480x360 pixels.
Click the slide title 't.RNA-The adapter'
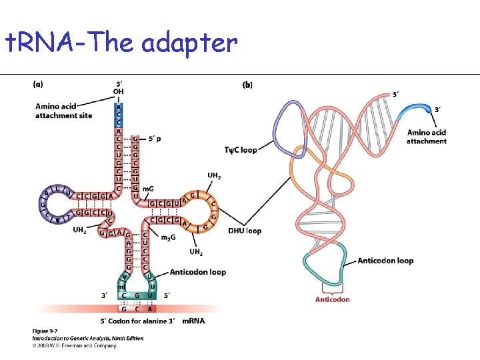coord(120,43)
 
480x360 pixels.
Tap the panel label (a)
coord(38,85)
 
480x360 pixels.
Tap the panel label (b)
coord(247,85)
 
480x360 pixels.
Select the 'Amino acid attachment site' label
coord(64,111)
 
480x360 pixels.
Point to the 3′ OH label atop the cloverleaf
coord(119,87)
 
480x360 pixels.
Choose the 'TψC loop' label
coord(241,150)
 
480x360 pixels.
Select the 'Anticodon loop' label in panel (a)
coord(198,272)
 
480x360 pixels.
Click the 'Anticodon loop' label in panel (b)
coord(385,261)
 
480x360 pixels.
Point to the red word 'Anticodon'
coord(332,299)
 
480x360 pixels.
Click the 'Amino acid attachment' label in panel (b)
coord(426,137)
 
